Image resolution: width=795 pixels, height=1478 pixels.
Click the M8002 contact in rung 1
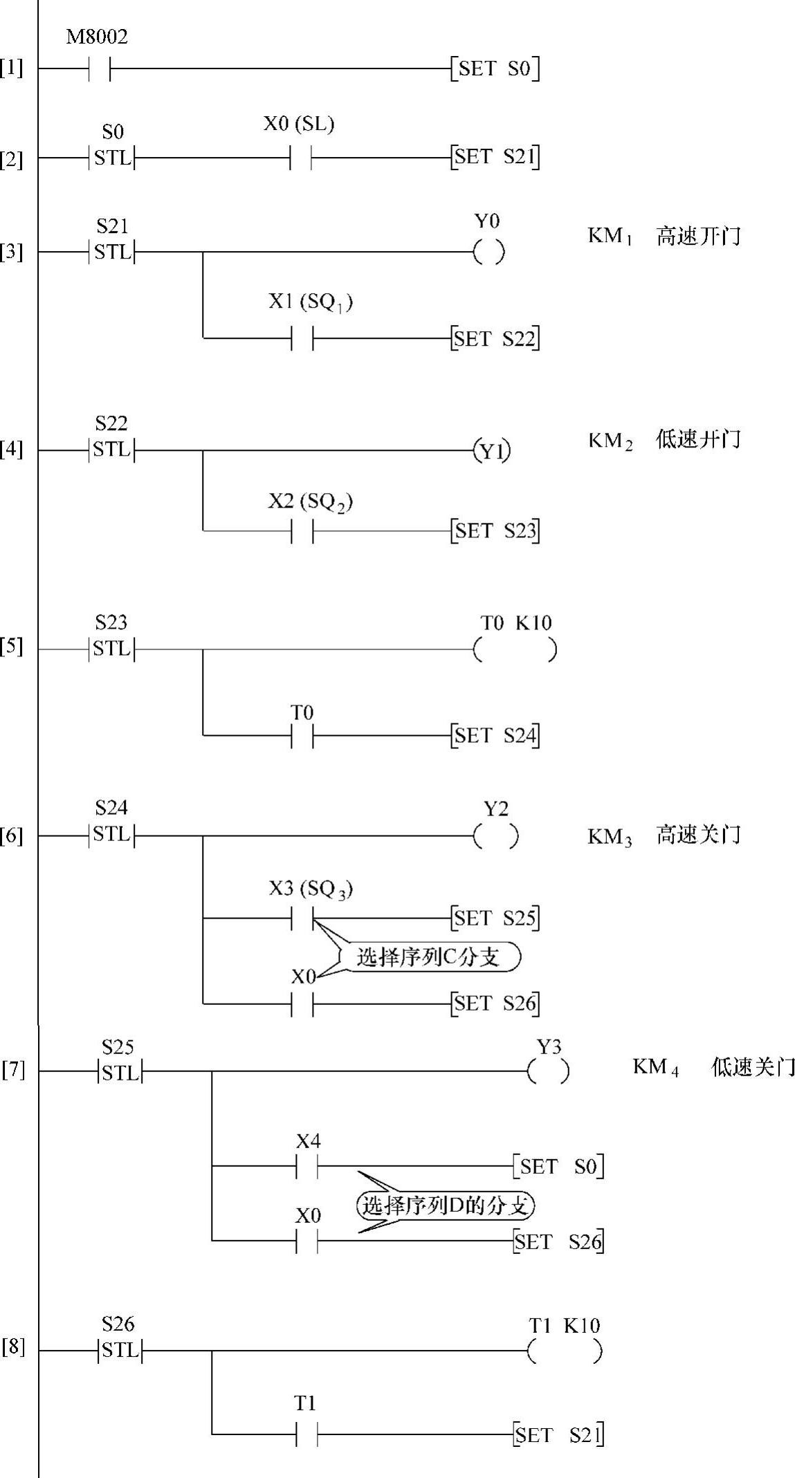click(x=100, y=68)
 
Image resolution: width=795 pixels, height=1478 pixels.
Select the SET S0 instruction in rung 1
click(x=495, y=68)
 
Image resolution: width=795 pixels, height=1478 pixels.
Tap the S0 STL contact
click(x=112, y=158)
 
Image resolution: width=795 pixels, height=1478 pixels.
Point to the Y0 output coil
click(x=488, y=252)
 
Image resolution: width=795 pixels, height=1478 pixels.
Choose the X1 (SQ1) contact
click(x=302, y=338)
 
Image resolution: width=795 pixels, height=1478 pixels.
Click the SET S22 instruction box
click(x=495, y=339)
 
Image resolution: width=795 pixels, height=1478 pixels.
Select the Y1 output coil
click(x=492, y=451)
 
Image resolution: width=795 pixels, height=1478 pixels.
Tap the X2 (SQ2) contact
click(x=302, y=530)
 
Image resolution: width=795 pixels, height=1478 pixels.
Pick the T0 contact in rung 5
click(x=302, y=735)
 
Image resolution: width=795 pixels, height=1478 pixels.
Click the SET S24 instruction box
click(x=495, y=735)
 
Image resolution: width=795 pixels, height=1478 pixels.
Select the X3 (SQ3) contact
click(x=302, y=918)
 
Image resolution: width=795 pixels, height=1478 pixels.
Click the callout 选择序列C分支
click(x=429, y=957)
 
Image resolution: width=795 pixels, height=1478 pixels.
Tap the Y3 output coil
click(x=548, y=1071)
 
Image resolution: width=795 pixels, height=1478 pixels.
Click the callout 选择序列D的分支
click(x=446, y=1206)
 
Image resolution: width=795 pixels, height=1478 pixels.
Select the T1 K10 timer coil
click(x=564, y=1350)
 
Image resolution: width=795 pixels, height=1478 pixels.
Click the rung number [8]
click(x=12, y=1347)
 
